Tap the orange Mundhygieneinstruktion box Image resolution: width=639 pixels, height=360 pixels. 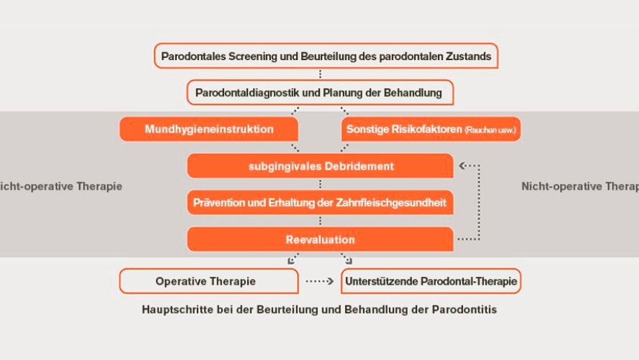point(209,129)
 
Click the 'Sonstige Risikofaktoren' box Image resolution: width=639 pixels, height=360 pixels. point(431,129)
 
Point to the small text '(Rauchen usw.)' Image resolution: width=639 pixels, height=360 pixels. point(490,130)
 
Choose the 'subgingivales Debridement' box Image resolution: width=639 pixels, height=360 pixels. point(320,166)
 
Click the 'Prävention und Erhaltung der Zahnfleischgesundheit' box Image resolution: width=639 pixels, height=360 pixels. point(320,203)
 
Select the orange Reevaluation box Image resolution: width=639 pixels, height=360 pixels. point(320,239)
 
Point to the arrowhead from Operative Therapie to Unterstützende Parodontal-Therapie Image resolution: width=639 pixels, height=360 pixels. point(330,281)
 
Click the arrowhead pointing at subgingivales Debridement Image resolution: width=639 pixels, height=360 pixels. point(462,166)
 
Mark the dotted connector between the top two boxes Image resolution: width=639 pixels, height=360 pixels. point(320,74)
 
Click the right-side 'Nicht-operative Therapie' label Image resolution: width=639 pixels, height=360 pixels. point(580,186)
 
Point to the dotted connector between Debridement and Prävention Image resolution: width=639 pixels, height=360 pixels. point(320,184)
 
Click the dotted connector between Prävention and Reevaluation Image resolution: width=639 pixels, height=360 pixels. point(320,221)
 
